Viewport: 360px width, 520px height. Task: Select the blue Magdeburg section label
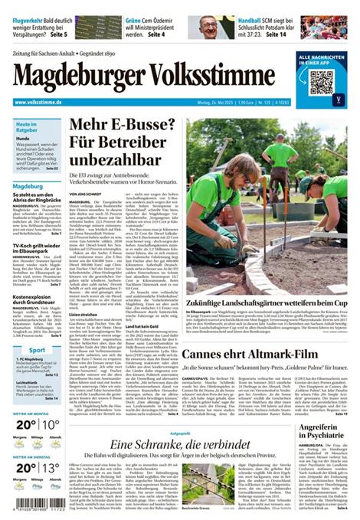[x=28, y=186]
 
